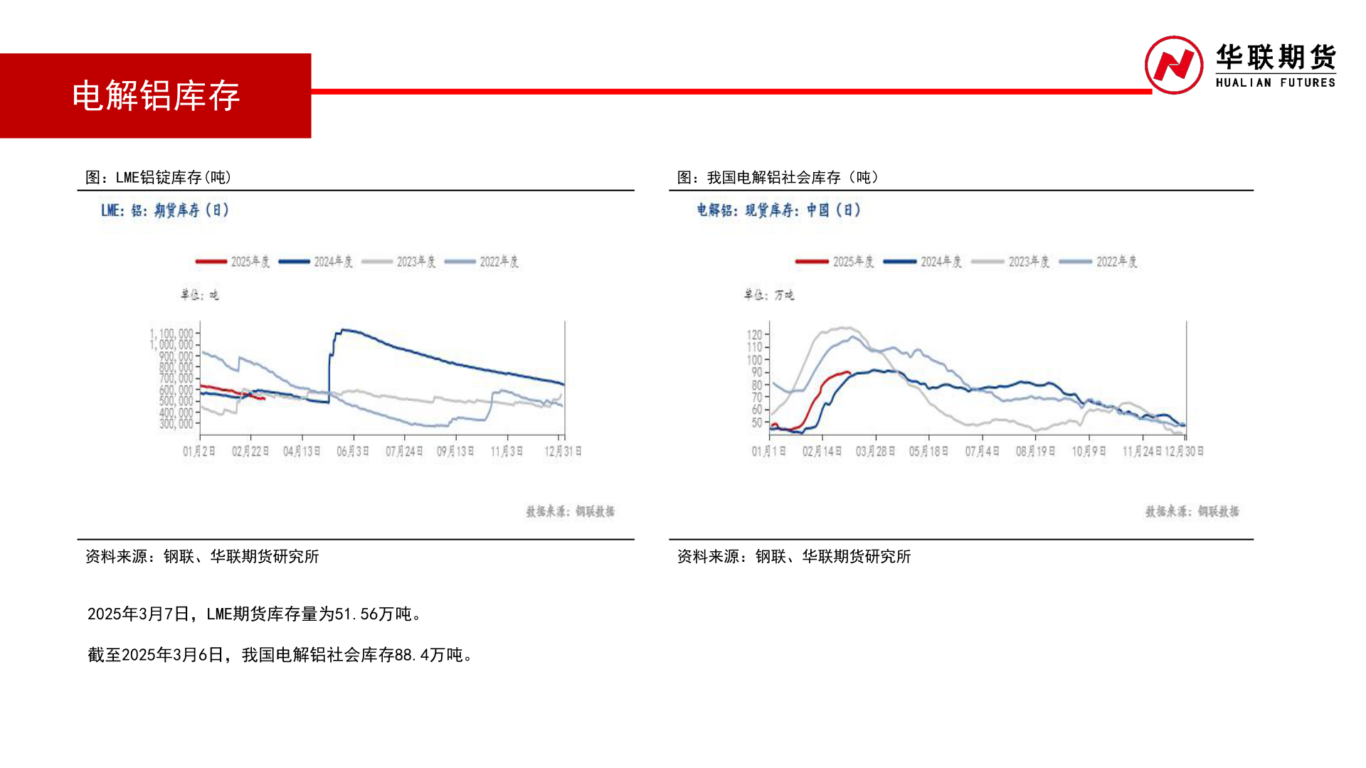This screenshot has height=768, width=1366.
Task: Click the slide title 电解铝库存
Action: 156,96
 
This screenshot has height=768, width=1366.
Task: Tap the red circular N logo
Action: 1173,65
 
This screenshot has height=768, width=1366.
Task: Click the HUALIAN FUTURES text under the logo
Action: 1275,83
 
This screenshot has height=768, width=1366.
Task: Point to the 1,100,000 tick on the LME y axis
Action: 171,334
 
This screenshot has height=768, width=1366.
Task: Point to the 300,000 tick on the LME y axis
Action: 176,424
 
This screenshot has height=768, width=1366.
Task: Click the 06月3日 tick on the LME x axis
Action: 353,452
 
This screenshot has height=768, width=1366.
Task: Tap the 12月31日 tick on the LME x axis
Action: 563,452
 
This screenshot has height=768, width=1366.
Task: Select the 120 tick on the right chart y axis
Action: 754,335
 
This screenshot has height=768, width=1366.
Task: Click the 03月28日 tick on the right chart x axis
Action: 875,452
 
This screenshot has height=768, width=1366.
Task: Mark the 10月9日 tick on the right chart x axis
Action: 1089,452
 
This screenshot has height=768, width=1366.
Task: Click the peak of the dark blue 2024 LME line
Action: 343,330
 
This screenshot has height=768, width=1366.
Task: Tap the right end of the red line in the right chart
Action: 849,373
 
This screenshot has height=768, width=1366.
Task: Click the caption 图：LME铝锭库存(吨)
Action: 158,177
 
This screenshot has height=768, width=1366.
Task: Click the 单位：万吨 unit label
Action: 768,294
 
